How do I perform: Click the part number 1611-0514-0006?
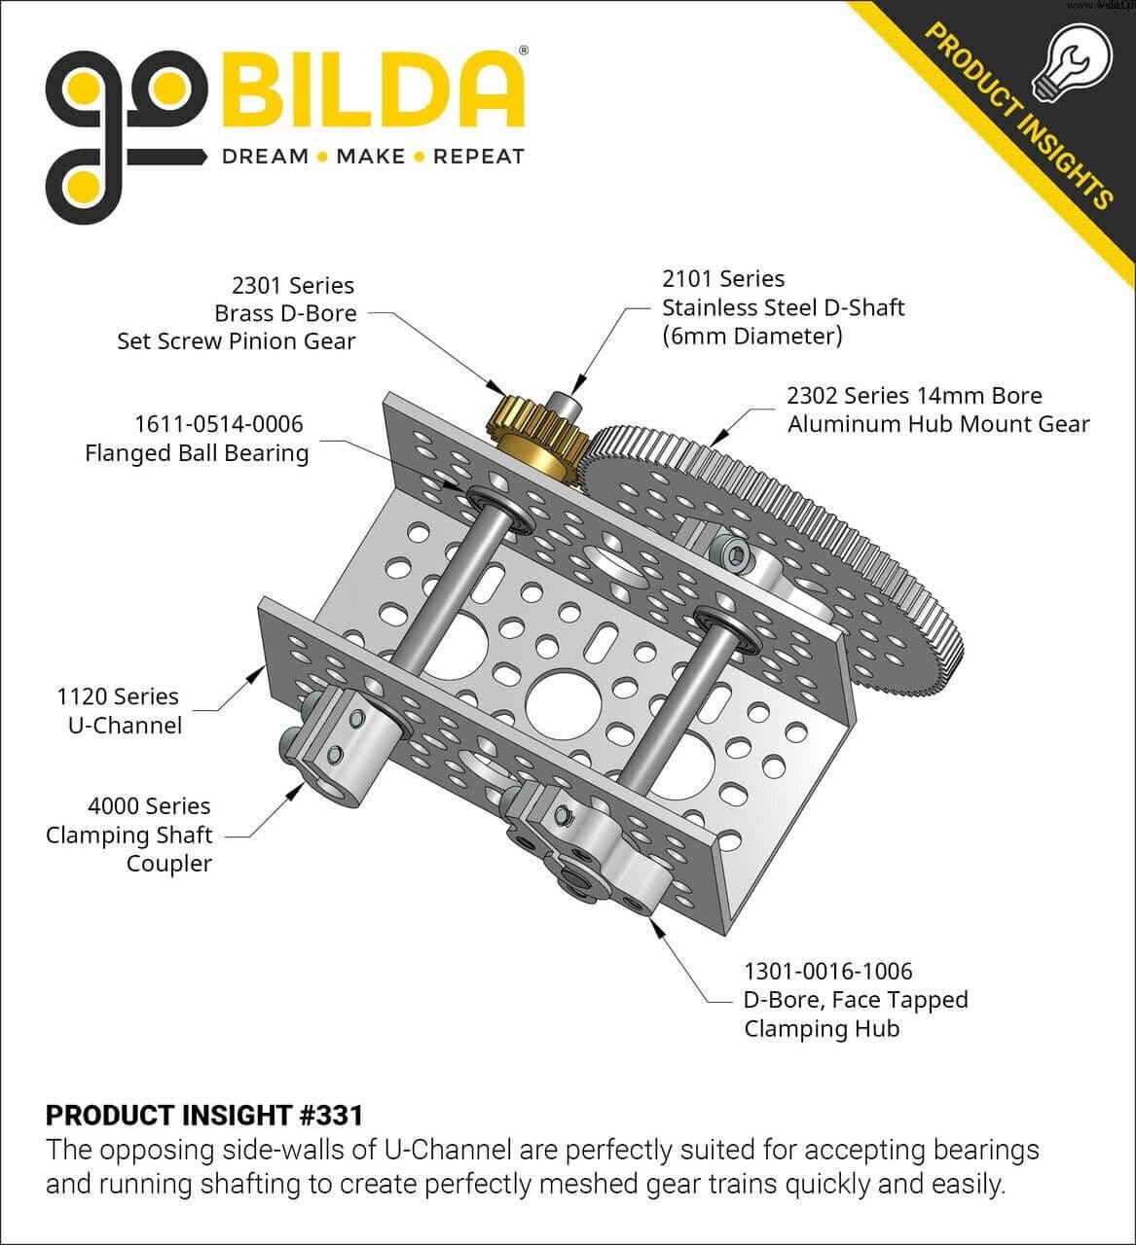coord(219,424)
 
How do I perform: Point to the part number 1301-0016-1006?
coord(828,971)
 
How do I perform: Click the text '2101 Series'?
coord(723,279)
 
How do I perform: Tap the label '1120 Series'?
coord(118,696)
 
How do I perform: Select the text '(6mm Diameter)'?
coord(752,337)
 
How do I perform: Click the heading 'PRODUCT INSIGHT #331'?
coord(204,1115)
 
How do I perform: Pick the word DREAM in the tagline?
coord(265,157)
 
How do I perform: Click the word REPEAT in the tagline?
coord(478,157)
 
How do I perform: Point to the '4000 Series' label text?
coord(149,806)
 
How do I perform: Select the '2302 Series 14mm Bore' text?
coord(914,396)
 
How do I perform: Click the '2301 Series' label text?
coord(293,286)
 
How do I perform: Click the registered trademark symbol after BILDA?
coord(523,49)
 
